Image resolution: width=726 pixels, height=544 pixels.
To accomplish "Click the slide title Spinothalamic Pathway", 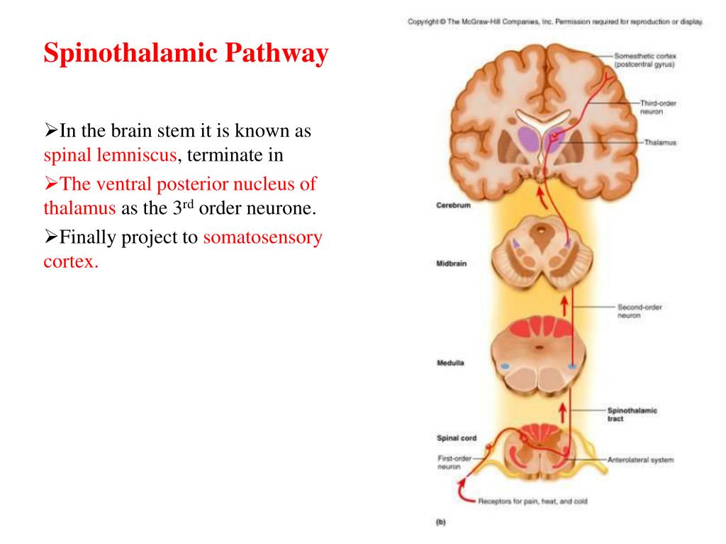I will coord(186,54).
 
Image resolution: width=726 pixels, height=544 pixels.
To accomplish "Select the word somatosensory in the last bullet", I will coord(262,237).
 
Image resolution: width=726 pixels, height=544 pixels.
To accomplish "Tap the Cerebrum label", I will coord(452,206).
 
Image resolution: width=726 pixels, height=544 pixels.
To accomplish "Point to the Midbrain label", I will coord(451,264).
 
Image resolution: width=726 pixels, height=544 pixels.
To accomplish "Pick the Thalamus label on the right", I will coord(660,142).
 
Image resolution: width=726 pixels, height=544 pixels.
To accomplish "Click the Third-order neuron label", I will coord(657,107).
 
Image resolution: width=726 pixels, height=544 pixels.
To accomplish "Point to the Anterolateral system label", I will coord(640,460).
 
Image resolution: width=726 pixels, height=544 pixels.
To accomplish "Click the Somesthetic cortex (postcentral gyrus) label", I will coord(645,59).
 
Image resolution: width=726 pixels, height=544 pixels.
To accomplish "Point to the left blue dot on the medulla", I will coord(506,366).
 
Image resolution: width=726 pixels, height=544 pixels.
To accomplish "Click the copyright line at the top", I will coord(555,22).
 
